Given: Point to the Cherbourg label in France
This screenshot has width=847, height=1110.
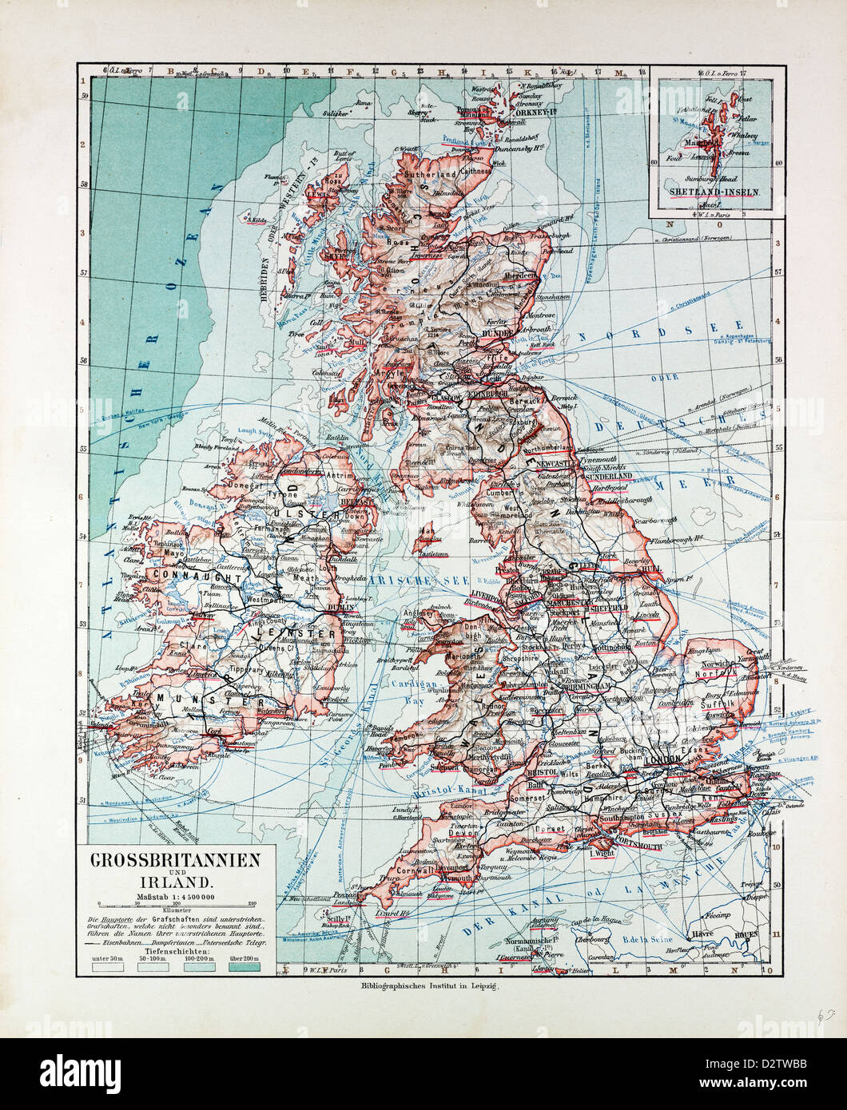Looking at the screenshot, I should pyautogui.click(x=593, y=939).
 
